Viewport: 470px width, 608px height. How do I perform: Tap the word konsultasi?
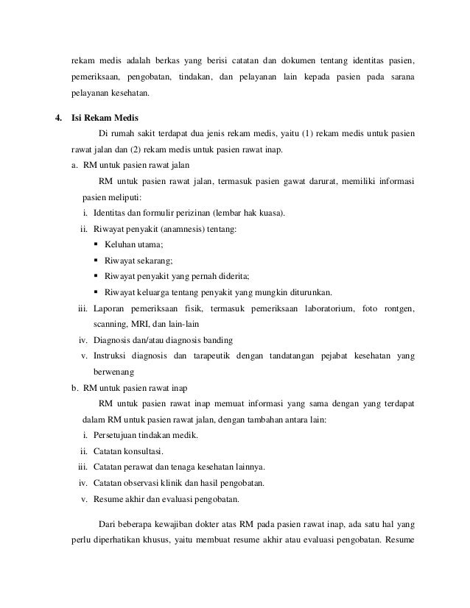click(x=142, y=451)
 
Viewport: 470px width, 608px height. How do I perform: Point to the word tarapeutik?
click(x=214, y=356)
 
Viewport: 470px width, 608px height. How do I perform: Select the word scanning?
click(x=111, y=324)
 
